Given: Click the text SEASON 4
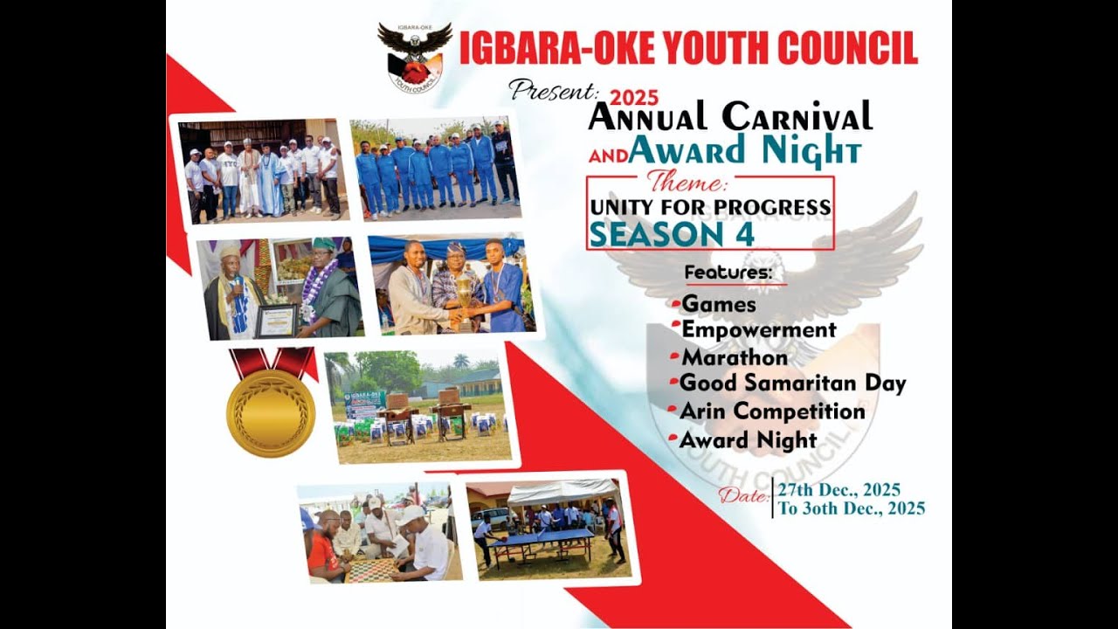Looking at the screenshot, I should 659,233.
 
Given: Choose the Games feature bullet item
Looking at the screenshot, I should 718,305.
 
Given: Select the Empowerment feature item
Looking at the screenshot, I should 758,330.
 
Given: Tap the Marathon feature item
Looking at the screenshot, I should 734,357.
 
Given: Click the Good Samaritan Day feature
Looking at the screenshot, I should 792,384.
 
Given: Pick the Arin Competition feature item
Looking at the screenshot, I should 773,411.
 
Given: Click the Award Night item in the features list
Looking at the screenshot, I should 749,440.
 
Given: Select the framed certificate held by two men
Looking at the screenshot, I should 276,321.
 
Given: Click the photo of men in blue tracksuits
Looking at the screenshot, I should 436,168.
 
